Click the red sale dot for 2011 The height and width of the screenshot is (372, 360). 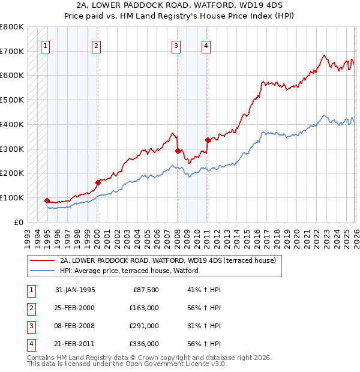(208, 140)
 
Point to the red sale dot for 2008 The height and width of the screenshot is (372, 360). (178, 151)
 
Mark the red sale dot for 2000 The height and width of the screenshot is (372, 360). (98, 182)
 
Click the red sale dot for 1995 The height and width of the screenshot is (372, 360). (47, 200)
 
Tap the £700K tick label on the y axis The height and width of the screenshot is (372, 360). (12, 52)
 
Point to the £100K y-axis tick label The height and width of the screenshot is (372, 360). (12, 197)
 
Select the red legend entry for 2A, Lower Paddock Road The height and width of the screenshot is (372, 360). (167, 260)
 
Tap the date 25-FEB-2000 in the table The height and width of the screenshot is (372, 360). (74, 308)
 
